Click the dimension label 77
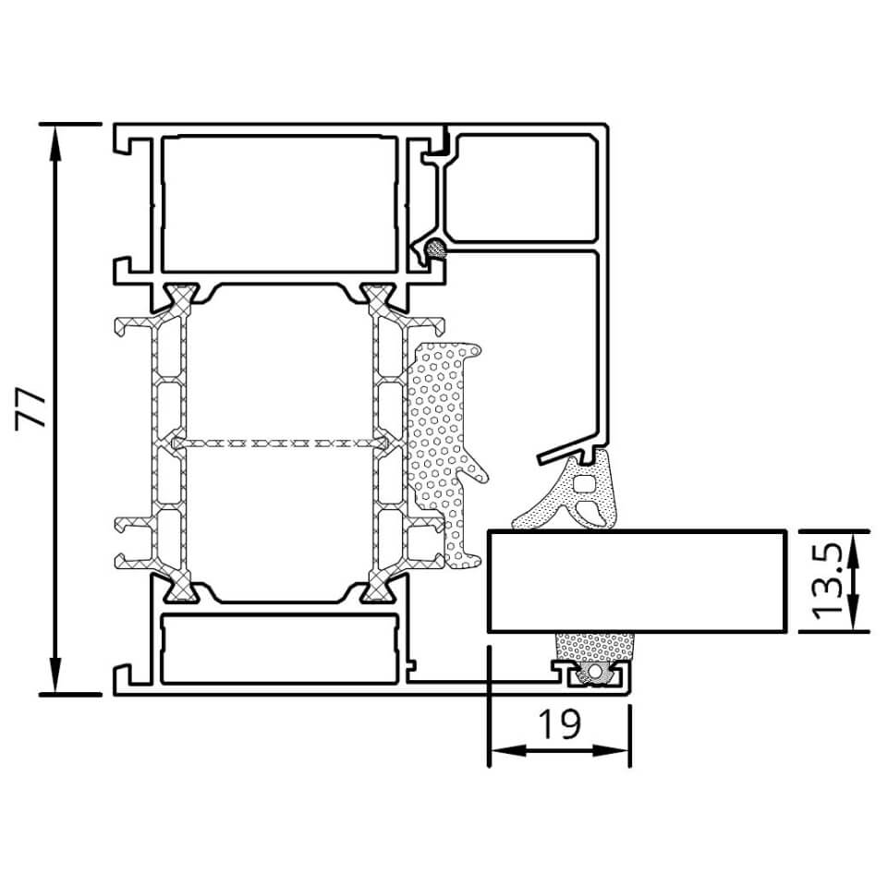[x=30, y=409]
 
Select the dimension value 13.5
[x=828, y=581]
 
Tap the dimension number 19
[x=559, y=724]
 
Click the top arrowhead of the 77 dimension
[x=55, y=141]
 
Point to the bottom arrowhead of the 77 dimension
[x=55, y=675]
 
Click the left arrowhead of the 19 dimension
[x=507, y=750]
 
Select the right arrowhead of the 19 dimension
[x=612, y=750]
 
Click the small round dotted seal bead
[x=436, y=249]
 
